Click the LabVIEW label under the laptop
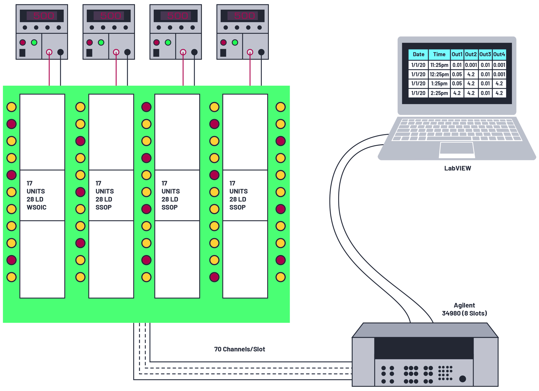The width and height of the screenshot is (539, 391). [x=457, y=168]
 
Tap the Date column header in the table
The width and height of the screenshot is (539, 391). [x=418, y=54]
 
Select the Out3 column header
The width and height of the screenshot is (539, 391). [x=485, y=54]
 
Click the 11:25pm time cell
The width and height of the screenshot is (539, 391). [x=439, y=65]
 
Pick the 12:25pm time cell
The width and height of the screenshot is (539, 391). [x=439, y=74]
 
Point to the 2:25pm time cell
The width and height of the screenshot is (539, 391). [x=439, y=93]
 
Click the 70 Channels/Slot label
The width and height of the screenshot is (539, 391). [x=239, y=349]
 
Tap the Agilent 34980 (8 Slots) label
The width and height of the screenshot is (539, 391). [x=464, y=309]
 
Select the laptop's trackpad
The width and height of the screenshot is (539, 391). [x=457, y=148]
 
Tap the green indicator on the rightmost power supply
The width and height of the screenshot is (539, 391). [x=235, y=42]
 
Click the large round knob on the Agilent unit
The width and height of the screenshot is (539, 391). [x=462, y=379]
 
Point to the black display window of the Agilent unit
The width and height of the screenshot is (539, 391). [x=424, y=348]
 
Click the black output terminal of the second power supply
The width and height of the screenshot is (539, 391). [x=127, y=52]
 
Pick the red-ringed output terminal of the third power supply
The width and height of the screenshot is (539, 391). [x=183, y=52]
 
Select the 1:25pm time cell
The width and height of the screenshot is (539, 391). [x=439, y=83]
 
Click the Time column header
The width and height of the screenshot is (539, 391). [x=439, y=54]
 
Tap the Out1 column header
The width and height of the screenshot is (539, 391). [x=457, y=54]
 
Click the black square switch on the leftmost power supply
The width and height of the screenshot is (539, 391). [x=22, y=53]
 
